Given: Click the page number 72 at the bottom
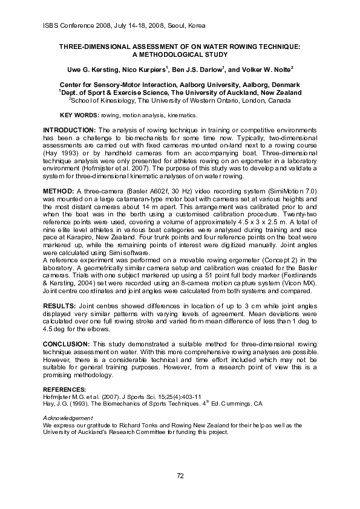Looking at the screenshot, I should pos(180,476).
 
